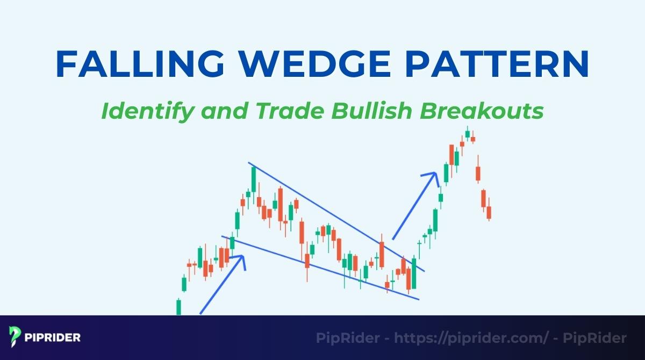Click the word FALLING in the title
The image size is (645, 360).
click(x=137, y=64)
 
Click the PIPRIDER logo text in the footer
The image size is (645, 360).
click(x=53, y=338)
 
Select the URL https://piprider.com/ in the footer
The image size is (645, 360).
click(x=471, y=338)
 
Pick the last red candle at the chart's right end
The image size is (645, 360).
click(x=489, y=212)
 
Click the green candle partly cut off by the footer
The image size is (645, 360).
click(x=178, y=307)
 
